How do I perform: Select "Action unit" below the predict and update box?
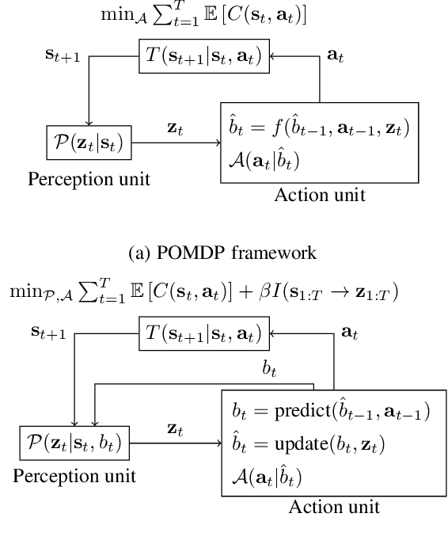click(320, 195)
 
